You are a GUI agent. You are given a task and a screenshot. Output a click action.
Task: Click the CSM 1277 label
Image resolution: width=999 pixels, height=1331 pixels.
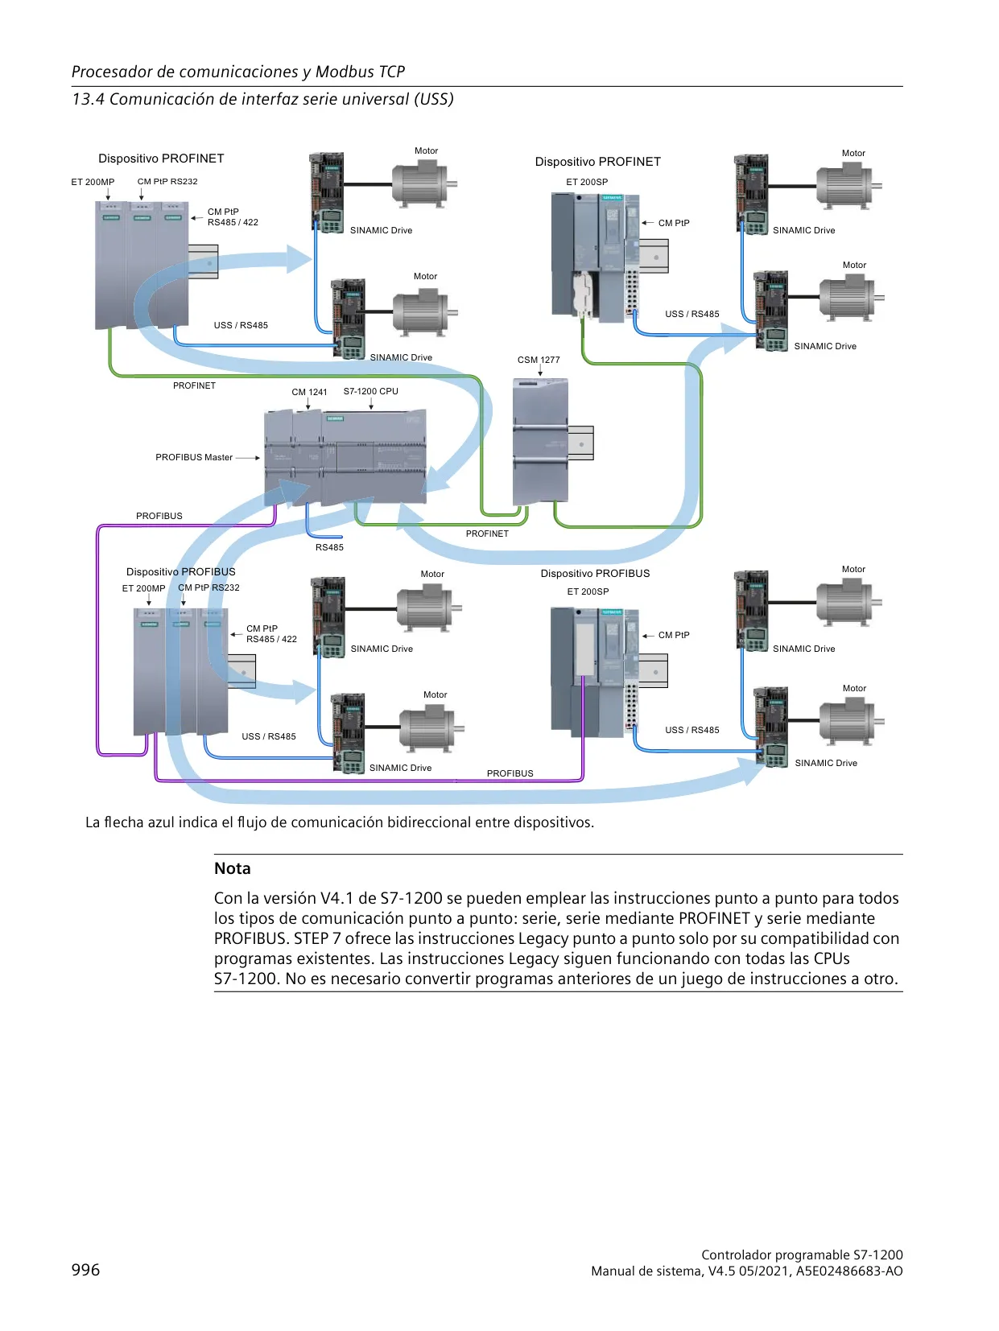(x=538, y=360)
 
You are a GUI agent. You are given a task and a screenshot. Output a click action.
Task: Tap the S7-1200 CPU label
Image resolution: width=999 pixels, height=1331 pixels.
(x=370, y=391)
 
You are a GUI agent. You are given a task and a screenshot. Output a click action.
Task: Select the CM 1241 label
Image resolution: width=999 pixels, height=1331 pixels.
(x=309, y=392)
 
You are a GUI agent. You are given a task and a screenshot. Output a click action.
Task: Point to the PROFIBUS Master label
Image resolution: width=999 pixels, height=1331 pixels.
(x=193, y=457)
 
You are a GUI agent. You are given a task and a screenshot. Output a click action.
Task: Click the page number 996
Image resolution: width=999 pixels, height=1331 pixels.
(x=85, y=1269)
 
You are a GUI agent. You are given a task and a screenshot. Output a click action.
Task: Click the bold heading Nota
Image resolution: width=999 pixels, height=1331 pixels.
(x=233, y=868)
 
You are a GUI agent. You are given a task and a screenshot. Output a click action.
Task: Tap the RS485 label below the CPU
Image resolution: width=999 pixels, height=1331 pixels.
(x=328, y=547)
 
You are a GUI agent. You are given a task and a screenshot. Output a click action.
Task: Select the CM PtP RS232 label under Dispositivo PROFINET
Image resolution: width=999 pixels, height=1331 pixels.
(x=167, y=181)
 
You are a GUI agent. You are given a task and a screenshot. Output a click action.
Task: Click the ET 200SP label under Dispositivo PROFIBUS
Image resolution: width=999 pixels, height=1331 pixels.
(x=588, y=591)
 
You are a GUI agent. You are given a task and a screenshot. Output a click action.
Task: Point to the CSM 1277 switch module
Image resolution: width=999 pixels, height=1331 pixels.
(x=540, y=442)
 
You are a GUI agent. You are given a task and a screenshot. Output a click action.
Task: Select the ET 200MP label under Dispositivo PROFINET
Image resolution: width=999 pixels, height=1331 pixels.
(x=93, y=182)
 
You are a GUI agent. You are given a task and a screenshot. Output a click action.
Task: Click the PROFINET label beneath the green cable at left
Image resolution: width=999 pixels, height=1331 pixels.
(x=194, y=385)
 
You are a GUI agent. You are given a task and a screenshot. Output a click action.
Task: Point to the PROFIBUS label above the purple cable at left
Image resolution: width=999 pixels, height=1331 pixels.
(x=159, y=516)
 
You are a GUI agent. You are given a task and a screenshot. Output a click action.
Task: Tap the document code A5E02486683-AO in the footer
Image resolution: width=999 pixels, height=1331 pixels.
(x=849, y=1271)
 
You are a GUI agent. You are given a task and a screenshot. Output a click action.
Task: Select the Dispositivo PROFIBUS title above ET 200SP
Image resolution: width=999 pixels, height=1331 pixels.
(x=595, y=574)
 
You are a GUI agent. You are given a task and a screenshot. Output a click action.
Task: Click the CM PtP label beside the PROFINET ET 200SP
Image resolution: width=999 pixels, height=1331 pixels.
(x=674, y=223)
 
